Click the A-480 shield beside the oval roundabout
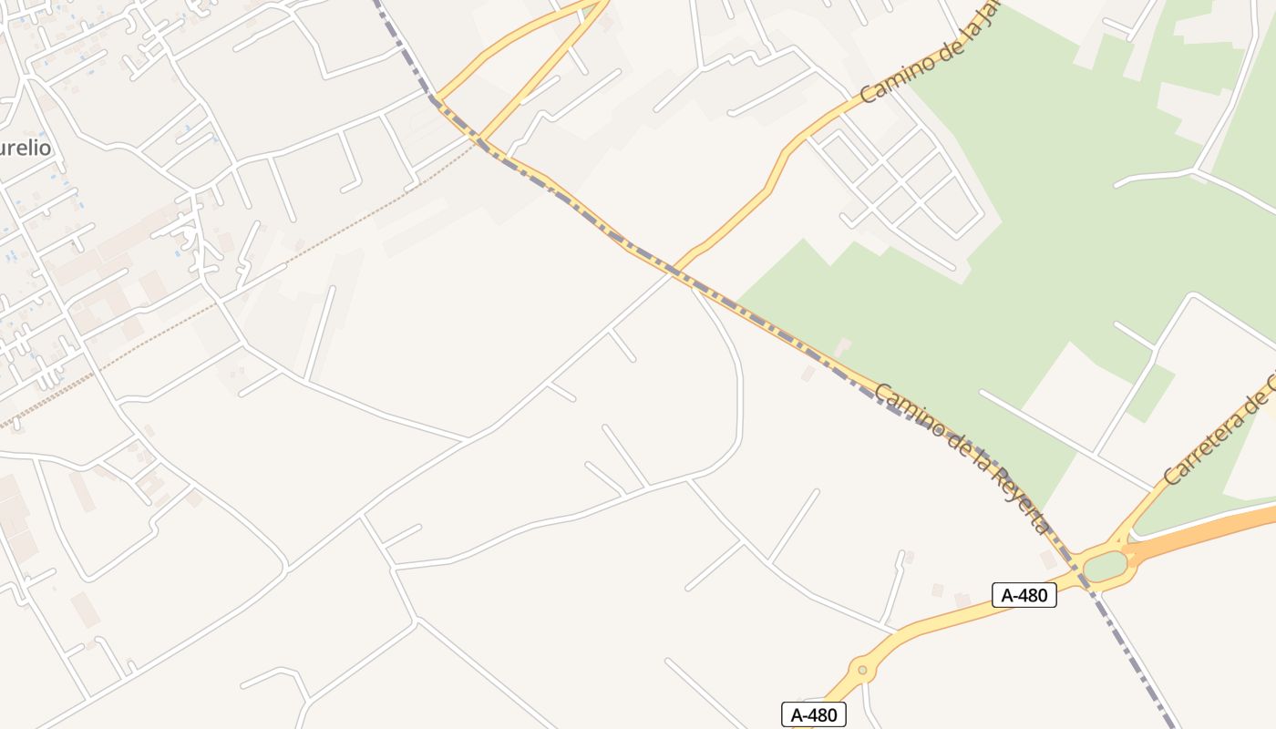pos(1024,595)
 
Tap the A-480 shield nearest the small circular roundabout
pos(813,714)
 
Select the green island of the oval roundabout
pos(1105,566)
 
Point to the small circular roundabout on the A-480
pos(861,671)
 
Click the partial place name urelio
pos(25,148)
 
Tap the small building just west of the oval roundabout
pos(1048,559)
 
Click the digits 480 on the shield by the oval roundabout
pos(1034,595)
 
